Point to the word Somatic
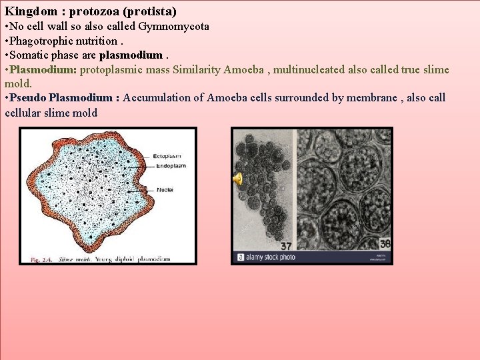click(29, 55)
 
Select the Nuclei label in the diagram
click(165, 189)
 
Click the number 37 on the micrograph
click(285, 245)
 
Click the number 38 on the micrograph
click(384, 244)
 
